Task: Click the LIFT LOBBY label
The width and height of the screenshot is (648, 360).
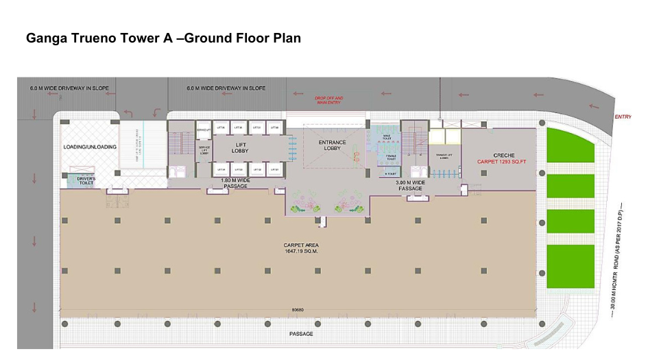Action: (x=240, y=147)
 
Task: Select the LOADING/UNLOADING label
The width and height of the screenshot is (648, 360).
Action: (x=90, y=147)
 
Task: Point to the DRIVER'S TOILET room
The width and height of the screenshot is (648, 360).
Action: (x=86, y=181)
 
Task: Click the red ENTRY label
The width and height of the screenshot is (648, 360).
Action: (x=623, y=117)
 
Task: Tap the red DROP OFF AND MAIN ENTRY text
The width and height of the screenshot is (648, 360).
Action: (x=328, y=100)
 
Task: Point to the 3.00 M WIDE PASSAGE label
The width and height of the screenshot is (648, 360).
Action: (x=411, y=185)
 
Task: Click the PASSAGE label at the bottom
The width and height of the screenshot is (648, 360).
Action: (x=302, y=334)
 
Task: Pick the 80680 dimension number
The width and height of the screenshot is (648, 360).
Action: (x=298, y=310)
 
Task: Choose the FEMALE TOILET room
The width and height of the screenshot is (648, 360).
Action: (x=390, y=157)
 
